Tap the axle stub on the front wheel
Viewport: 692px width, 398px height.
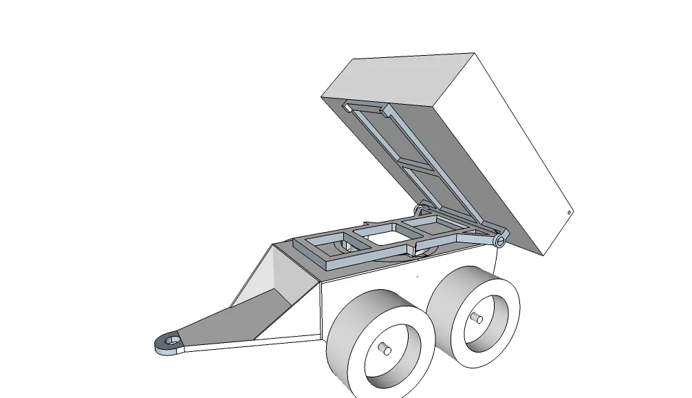385,349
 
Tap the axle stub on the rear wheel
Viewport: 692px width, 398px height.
477,318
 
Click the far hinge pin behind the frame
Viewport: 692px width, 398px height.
418,208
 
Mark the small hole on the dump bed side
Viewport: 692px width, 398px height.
570,213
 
